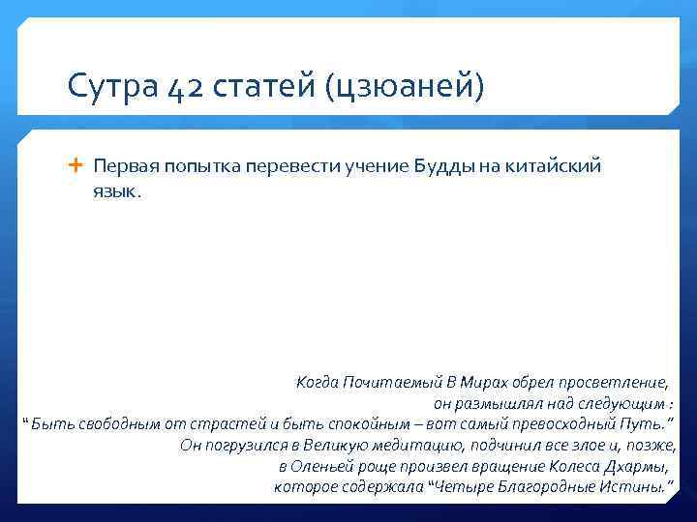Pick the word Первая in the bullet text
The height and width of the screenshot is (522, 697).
point(122,166)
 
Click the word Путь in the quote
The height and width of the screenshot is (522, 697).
point(648,424)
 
